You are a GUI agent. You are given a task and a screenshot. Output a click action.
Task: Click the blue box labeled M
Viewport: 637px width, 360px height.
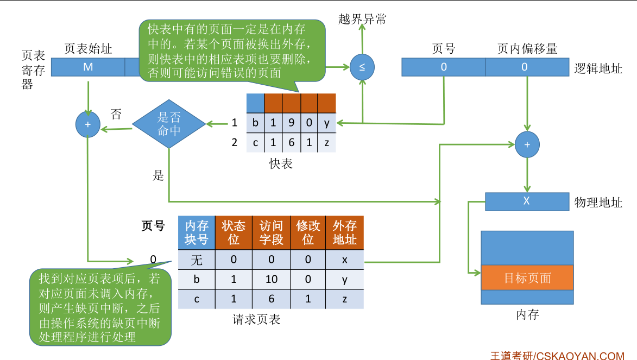[88, 67]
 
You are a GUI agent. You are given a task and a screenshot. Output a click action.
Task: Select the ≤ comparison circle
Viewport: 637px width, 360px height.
[362, 67]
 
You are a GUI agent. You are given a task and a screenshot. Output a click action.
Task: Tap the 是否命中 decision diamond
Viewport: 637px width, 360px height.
[169, 124]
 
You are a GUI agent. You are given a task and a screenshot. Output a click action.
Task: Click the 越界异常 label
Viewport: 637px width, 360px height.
[362, 20]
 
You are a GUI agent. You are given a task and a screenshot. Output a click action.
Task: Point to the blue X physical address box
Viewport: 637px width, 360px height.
[526, 201]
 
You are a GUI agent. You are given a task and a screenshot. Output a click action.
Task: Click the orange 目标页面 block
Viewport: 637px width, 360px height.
[527, 277]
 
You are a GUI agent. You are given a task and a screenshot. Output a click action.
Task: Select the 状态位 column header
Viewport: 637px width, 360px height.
[234, 233]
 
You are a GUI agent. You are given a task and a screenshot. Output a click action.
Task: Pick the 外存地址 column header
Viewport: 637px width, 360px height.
[345, 233]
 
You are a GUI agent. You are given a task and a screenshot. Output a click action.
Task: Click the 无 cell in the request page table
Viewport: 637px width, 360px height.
[197, 260]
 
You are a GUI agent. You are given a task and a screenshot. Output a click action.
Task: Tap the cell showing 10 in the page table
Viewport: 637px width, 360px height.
[271, 279]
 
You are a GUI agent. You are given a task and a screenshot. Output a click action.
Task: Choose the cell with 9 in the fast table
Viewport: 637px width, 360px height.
[292, 123]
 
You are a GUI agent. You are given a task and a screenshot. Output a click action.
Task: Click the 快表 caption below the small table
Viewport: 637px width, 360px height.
[281, 163]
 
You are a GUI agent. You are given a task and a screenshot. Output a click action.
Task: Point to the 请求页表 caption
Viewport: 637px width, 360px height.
[256, 319]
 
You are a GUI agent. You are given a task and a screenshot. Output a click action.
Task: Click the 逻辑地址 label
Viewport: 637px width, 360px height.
[598, 68]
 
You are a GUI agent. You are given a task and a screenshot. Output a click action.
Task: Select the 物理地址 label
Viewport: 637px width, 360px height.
[598, 203]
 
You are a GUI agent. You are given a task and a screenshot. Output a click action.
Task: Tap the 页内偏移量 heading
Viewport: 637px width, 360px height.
[527, 49]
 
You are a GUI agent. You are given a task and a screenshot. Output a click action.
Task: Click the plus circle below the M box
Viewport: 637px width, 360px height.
[88, 124]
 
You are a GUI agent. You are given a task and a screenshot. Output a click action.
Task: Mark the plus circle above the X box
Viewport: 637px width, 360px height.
[527, 144]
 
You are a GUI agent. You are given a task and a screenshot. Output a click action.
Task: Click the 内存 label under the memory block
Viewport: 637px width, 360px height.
[527, 314]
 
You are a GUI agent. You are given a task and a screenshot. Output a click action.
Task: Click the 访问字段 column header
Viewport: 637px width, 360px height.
[271, 233]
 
